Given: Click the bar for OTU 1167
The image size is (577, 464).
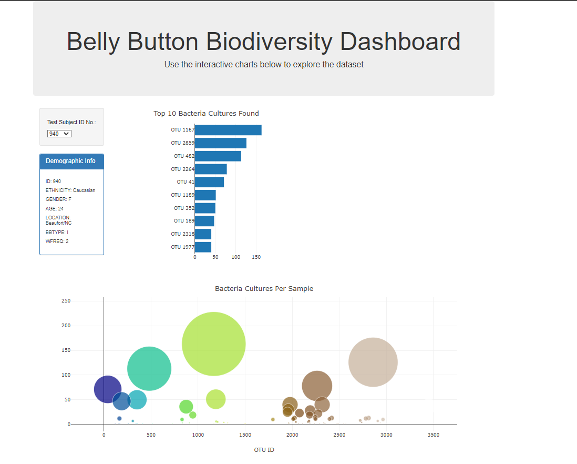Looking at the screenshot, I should (x=228, y=130).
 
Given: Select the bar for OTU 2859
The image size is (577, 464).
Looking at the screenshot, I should (x=221, y=143).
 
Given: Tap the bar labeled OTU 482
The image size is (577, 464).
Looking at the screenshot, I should (x=218, y=156).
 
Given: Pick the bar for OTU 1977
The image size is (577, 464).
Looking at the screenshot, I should (x=203, y=247).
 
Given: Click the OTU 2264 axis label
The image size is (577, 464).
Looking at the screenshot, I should (x=182, y=169).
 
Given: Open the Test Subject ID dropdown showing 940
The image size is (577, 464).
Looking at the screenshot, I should (x=59, y=134).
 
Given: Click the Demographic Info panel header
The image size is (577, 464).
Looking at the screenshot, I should (x=71, y=161).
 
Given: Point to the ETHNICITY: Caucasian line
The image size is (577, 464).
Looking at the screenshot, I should (x=70, y=190).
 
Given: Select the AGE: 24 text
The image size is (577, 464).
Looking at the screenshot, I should (x=55, y=209).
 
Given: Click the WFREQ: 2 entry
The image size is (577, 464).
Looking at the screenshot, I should (x=57, y=241).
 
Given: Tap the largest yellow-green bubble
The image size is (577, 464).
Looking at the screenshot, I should (x=213, y=344).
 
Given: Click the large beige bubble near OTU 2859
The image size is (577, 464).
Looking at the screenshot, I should (x=373, y=362).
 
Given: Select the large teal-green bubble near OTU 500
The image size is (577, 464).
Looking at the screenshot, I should (x=149, y=368).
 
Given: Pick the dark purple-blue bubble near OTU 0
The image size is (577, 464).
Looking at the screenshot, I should (x=107, y=389).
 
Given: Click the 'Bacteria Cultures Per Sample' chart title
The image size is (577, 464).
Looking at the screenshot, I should (x=264, y=289).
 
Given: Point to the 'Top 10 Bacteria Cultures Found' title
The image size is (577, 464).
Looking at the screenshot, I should (x=206, y=114).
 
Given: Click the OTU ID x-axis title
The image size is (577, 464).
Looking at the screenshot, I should (x=264, y=450).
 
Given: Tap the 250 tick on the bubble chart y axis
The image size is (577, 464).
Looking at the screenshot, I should (x=66, y=301).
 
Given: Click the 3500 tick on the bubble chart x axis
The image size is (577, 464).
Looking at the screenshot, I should (x=433, y=435).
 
